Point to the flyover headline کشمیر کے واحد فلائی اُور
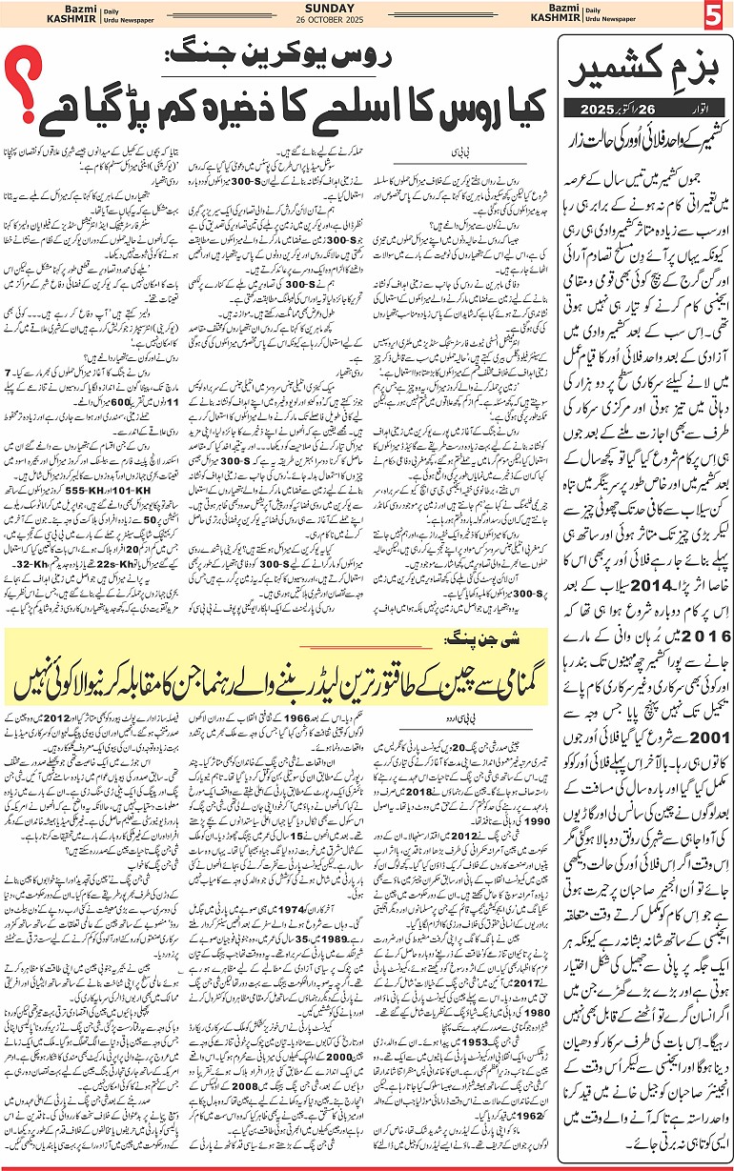pyautogui.click(x=648, y=127)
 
